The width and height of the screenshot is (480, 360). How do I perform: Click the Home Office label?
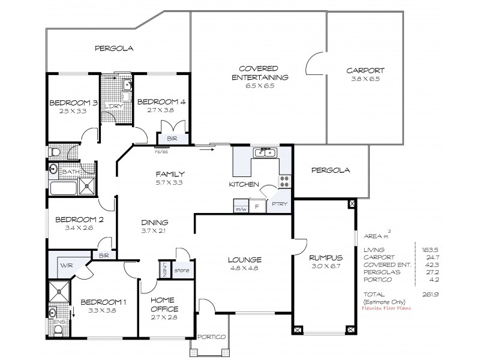(x=164, y=305)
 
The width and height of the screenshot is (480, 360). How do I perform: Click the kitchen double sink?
(x=265, y=152)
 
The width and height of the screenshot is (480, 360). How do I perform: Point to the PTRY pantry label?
(x=280, y=204)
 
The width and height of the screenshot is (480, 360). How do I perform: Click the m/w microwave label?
(x=241, y=209)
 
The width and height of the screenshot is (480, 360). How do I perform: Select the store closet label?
(x=182, y=271)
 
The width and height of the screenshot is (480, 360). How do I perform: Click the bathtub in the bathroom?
(x=65, y=188)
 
